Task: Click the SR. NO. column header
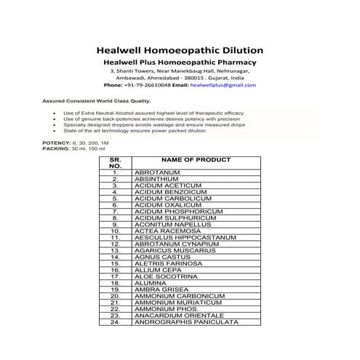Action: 115,162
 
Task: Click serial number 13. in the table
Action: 115,257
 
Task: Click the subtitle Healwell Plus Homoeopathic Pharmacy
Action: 179,64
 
